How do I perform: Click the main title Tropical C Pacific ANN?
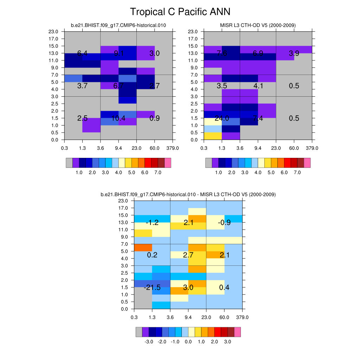click(x=180, y=12)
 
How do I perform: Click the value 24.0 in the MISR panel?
click(x=222, y=118)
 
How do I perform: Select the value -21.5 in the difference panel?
click(x=152, y=288)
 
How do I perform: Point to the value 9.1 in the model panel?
click(x=118, y=53)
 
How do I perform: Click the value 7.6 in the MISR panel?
click(x=222, y=53)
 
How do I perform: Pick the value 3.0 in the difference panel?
click(x=188, y=288)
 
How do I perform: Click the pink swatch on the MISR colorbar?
click(x=307, y=162)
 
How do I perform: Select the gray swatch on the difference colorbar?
click(x=139, y=332)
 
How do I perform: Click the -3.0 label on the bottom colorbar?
click(x=149, y=342)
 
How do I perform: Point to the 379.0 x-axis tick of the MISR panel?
click(x=312, y=148)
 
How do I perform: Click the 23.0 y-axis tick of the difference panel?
click(x=124, y=201)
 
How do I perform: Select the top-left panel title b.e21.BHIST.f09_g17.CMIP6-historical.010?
click(x=118, y=25)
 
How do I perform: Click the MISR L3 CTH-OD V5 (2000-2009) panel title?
click(x=258, y=25)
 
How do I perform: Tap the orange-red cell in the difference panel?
click(x=143, y=247)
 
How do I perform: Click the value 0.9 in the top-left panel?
click(x=155, y=118)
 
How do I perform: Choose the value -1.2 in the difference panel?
click(x=152, y=223)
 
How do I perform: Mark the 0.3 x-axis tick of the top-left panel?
click(x=65, y=148)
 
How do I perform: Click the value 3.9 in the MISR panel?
click(x=294, y=53)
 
